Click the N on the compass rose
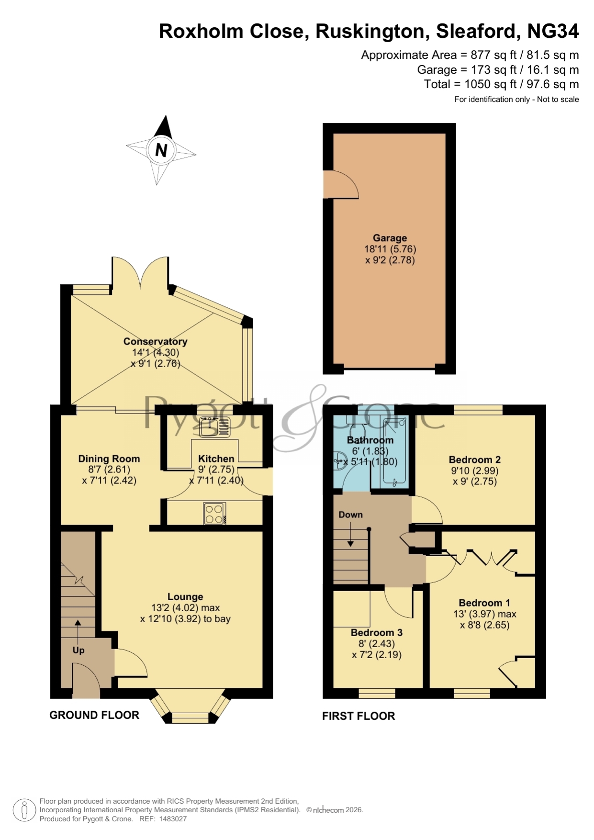pos(161,150)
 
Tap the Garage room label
pos(390,238)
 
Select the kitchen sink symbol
pos(215,426)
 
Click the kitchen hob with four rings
pos(214,514)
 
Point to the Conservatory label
pos(155,341)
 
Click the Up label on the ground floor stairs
pos(78,650)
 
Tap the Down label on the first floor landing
pos(350,515)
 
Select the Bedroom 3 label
pos(376,632)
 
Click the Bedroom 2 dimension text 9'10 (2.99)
pos(474,470)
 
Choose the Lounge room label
pos(185,596)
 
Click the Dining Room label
pos(109,459)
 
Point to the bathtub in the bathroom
pos(395,452)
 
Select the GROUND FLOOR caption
pos(94,715)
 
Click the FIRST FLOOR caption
pos(359,716)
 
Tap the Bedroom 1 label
pos(484,603)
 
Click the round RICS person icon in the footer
pos(24,810)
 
